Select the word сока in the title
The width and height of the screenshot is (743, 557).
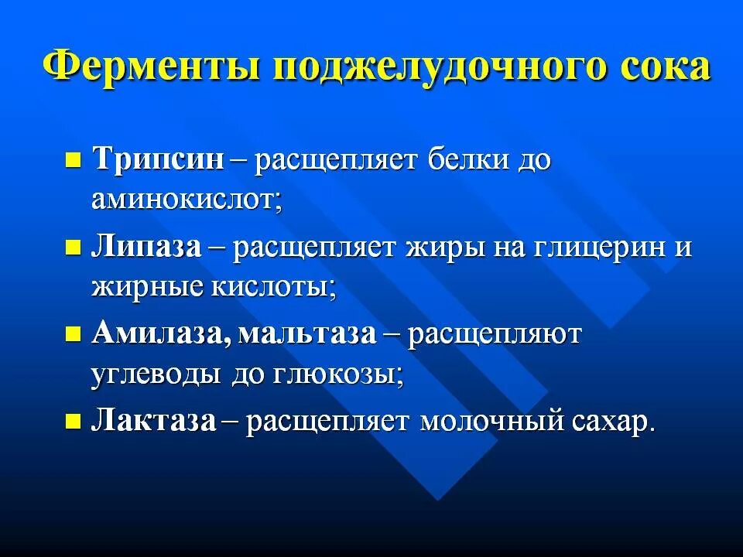[663, 68]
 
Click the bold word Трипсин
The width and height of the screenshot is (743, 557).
[158, 160]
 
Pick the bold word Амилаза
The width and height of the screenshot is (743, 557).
[160, 334]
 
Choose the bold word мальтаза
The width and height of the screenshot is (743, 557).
[307, 334]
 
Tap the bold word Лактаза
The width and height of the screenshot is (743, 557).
[153, 421]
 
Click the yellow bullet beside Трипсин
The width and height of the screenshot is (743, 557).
[74, 162]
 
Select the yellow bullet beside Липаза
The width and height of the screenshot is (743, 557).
[74, 248]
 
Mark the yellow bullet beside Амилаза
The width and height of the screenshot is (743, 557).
[74, 335]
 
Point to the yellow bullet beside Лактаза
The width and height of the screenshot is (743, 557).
[74, 422]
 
